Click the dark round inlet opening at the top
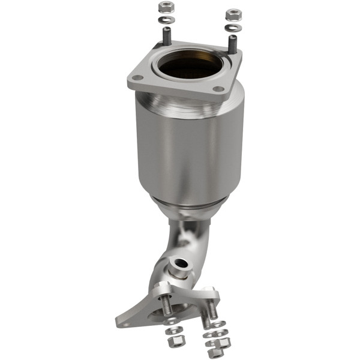[191, 67]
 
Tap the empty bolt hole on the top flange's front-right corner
[219, 90]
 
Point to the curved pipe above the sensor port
[189, 237]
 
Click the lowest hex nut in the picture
[215, 353]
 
